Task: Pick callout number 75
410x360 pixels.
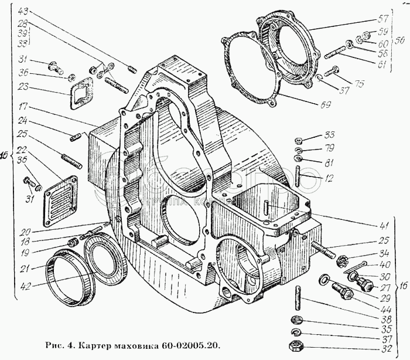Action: coord(358,84)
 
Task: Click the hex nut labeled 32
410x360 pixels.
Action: coord(295,345)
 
